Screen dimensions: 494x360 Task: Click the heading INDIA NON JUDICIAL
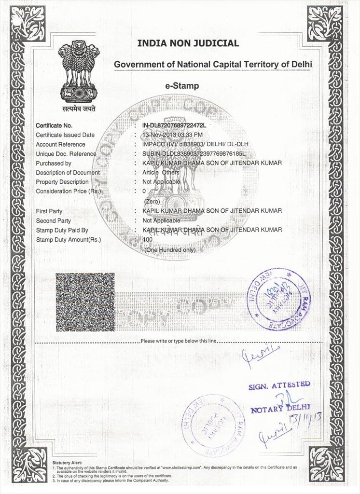click(x=188, y=43)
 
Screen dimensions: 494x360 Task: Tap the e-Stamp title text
click(x=182, y=86)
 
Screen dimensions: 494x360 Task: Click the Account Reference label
click(x=60, y=144)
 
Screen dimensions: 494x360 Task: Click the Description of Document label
click(x=68, y=173)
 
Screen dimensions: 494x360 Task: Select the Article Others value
click(x=161, y=173)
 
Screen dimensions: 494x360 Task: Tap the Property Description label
click(x=62, y=182)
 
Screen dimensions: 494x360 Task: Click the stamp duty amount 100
click(x=147, y=240)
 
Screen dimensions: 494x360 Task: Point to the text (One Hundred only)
click(x=170, y=250)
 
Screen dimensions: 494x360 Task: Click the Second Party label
click(x=53, y=221)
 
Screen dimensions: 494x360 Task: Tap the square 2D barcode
click(x=85, y=302)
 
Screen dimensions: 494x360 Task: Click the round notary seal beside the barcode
click(x=278, y=299)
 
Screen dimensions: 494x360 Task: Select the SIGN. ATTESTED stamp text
click(x=279, y=385)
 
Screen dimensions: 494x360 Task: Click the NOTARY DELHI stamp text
click(x=280, y=409)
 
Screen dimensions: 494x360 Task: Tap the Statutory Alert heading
click(x=67, y=463)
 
